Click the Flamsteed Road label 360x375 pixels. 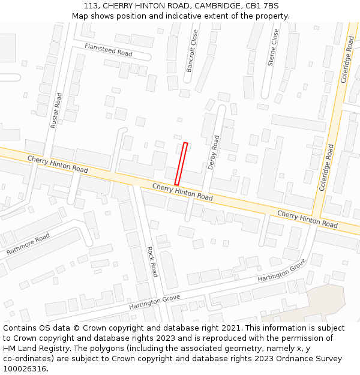click(108, 50)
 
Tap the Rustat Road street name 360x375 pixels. click(56, 110)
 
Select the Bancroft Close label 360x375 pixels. click(192, 52)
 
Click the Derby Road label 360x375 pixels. click(214, 152)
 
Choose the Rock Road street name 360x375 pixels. click(152, 262)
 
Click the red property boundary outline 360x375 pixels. click(181, 163)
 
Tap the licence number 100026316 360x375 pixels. click(25, 369)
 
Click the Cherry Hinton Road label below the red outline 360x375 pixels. click(182, 192)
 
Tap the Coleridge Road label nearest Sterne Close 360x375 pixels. click(347, 59)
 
